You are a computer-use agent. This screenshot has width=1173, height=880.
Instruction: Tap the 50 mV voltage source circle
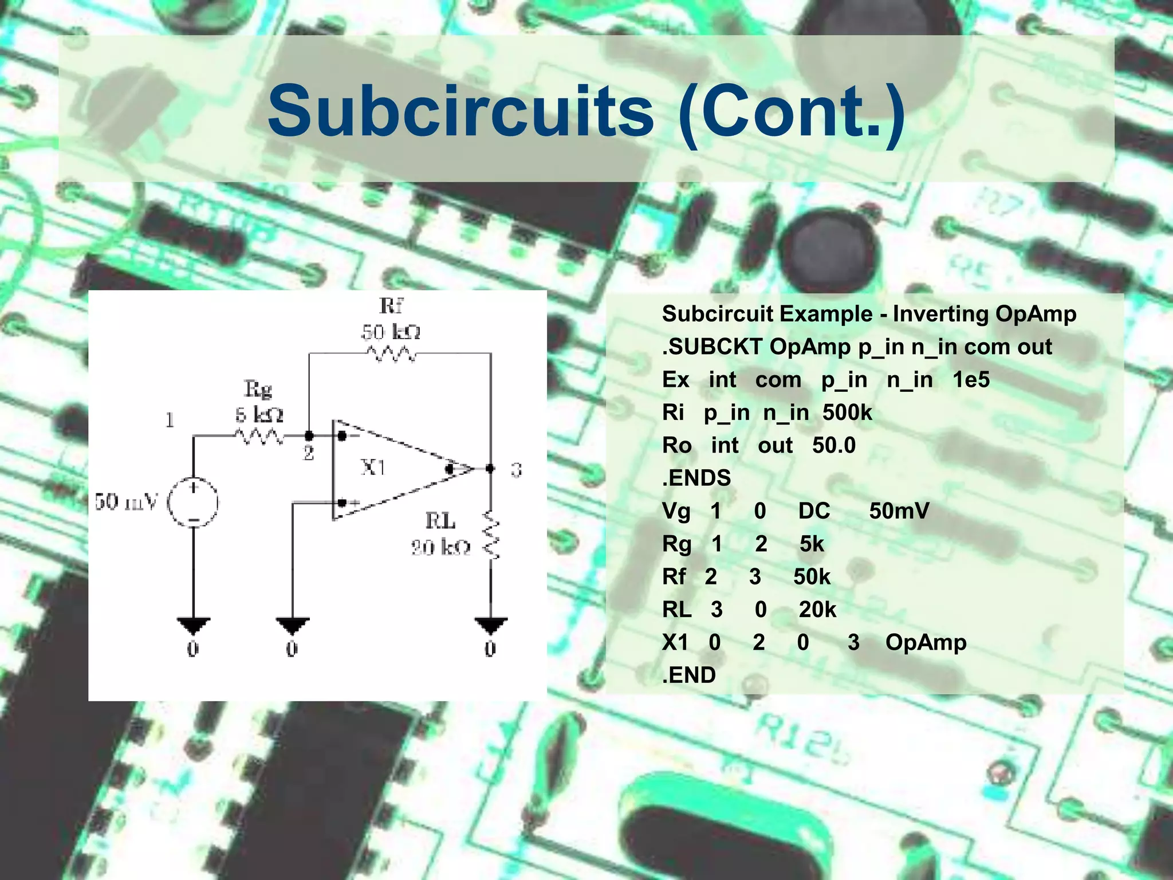(193, 502)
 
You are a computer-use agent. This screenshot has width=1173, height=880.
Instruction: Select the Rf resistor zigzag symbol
(391, 354)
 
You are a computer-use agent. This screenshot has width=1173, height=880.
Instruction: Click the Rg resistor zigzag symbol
(259, 437)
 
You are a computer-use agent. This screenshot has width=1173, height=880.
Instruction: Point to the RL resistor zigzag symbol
(491, 536)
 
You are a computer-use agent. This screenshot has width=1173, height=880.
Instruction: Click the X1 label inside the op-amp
(373, 468)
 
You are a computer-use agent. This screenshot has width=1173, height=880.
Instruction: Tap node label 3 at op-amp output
(516, 470)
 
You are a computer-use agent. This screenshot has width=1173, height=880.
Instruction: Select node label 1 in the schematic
(170, 421)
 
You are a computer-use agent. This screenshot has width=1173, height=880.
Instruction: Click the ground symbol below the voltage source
(194, 625)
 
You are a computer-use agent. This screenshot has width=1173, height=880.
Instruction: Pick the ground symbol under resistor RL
(491, 625)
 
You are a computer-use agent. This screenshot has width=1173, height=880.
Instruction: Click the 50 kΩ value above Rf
(391, 332)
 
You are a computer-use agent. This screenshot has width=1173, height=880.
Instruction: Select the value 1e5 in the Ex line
(971, 380)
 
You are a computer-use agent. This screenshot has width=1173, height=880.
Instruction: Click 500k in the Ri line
(847, 412)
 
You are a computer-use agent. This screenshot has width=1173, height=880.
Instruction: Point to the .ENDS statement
(696, 478)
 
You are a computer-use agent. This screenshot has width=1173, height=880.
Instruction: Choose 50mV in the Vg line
(899, 511)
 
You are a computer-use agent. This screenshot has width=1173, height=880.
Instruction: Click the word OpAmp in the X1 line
(926, 642)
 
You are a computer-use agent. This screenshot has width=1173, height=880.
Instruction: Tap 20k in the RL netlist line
(817, 610)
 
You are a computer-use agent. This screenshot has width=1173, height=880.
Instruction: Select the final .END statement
(688, 675)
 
